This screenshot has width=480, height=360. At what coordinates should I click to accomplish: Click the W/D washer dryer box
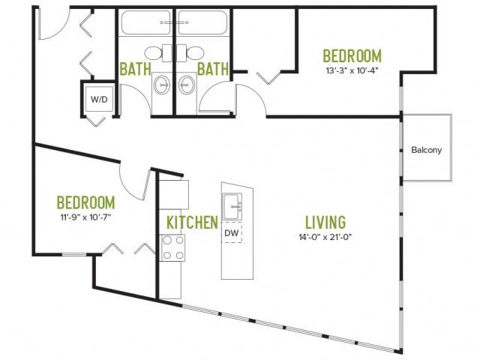point(99,99)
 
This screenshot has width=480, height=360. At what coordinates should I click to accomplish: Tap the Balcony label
point(427,150)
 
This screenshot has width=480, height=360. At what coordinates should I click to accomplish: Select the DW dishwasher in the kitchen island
point(232,233)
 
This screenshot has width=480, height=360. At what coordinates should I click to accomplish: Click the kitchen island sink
point(232,206)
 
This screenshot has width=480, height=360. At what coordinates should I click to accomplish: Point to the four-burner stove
point(172,247)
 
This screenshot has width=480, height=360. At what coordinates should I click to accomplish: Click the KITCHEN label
point(192,222)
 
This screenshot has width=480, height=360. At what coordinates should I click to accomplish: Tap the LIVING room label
point(325,222)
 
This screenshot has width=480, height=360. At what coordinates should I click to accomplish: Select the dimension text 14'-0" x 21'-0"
point(325,237)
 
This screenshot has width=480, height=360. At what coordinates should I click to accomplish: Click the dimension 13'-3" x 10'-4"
point(352,70)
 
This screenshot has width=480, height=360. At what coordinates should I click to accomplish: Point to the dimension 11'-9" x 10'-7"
point(85,217)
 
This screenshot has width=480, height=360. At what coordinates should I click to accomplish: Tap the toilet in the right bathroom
point(190,53)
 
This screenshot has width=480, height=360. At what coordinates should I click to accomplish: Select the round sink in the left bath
point(162,85)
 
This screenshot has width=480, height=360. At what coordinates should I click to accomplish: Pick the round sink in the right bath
point(187,85)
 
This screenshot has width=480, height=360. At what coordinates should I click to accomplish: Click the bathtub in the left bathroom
point(146,23)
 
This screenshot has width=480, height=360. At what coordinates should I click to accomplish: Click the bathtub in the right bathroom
point(203,23)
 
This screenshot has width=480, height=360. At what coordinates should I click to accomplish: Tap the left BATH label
point(135,69)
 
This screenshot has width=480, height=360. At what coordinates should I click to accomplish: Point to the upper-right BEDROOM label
point(352,56)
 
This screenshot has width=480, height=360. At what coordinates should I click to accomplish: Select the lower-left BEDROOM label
point(86,202)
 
